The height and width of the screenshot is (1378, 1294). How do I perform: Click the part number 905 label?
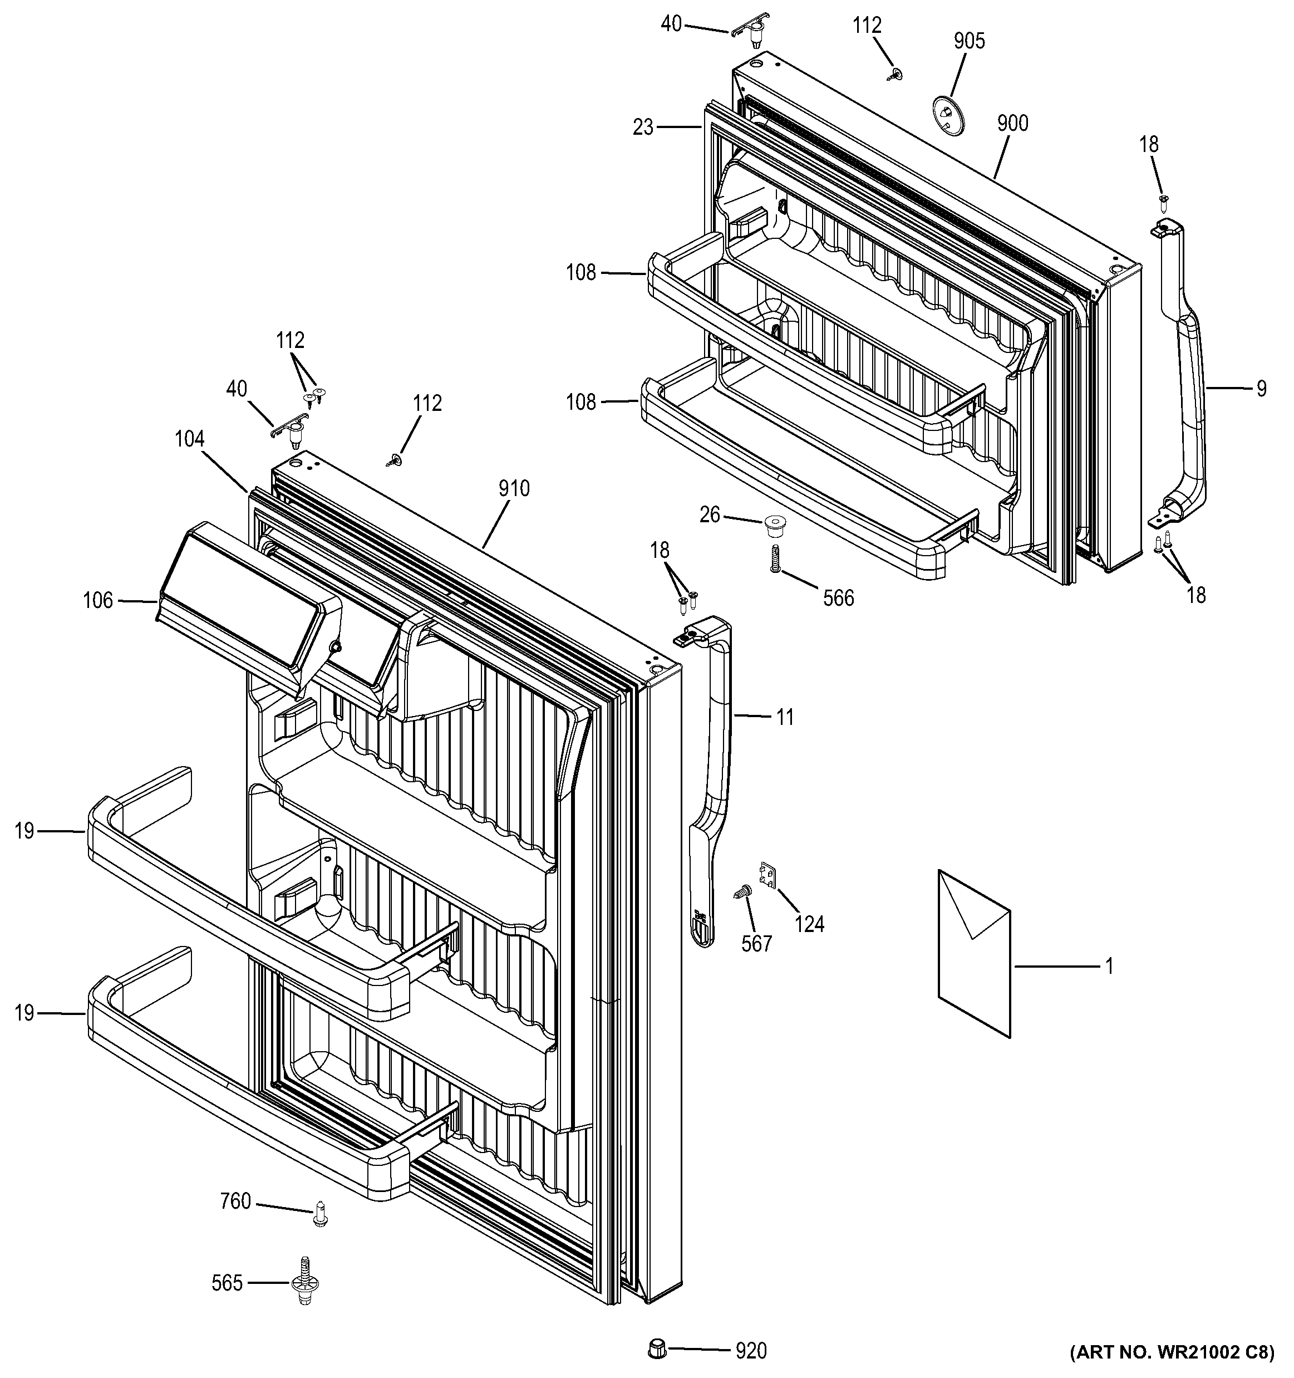[x=968, y=42]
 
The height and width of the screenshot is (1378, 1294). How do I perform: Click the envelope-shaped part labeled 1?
[x=973, y=954]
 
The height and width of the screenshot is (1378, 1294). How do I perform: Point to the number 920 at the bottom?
[x=751, y=1350]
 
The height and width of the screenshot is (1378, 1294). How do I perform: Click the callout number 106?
[x=97, y=600]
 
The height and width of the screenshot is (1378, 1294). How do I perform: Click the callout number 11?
[x=784, y=718]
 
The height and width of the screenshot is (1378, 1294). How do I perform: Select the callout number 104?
[x=189, y=439]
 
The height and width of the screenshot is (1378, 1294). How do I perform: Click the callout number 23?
[x=643, y=127]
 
